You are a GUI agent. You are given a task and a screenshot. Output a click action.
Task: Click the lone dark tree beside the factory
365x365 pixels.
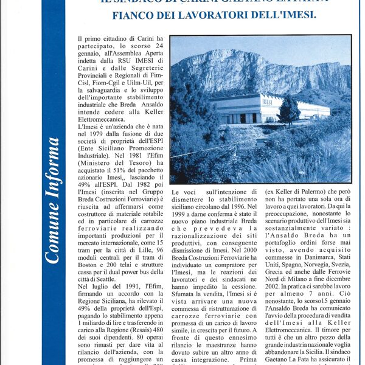288,110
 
